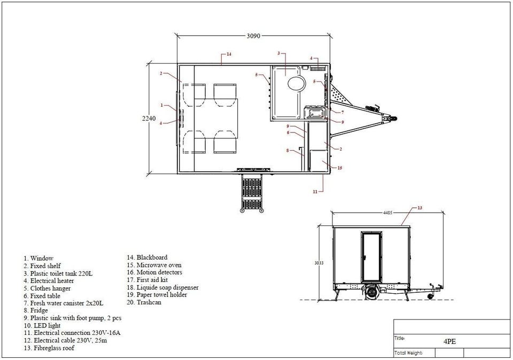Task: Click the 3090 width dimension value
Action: (x=253, y=36)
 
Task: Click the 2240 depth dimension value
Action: (x=149, y=119)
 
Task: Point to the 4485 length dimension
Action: (x=387, y=213)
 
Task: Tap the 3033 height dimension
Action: (x=319, y=263)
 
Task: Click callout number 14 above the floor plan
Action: (x=229, y=54)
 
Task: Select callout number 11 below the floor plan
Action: (x=315, y=192)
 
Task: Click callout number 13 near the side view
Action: (x=420, y=208)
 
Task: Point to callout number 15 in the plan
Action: (x=340, y=168)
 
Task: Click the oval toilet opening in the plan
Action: (x=297, y=83)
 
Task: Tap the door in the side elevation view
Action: (x=372, y=257)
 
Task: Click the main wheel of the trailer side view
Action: (x=372, y=292)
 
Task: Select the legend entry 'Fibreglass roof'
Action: (x=49, y=348)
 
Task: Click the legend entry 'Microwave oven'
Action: (x=154, y=265)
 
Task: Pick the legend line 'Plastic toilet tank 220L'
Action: (x=58, y=273)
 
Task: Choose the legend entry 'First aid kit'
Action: (x=147, y=280)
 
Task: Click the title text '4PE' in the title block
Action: (x=449, y=341)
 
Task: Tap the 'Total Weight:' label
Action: (x=408, y=353)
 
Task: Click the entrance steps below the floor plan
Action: (x=252, y=193)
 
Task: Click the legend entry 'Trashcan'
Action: (x=144, y=302)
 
